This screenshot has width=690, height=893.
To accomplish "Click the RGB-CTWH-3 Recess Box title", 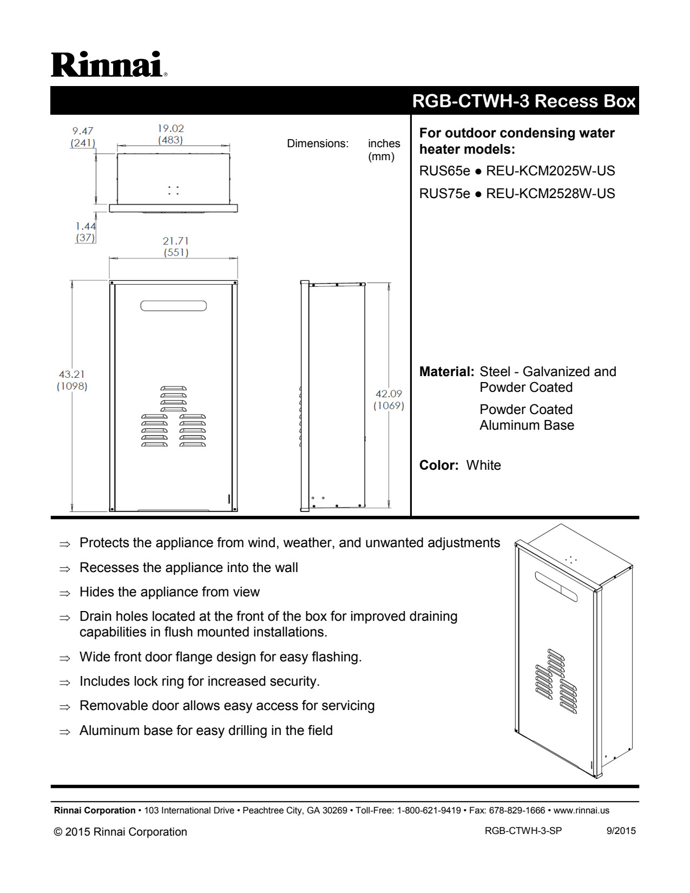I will pos(523,101).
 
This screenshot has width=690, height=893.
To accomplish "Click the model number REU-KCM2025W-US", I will pos(550,171).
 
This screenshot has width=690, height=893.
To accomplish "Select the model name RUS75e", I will pos(444,194).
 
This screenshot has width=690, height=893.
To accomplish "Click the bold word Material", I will pos(446,372).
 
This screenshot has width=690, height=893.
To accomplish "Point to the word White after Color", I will pos(483,465).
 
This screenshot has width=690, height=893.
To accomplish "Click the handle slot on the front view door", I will pos(174,306).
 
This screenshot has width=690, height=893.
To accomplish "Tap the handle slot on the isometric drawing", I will pos(556,586).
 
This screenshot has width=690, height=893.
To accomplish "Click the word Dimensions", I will pos(318,143).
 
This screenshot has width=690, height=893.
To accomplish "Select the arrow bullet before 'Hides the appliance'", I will pos(65,593).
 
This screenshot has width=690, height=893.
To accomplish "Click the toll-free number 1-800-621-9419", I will pos(429,810).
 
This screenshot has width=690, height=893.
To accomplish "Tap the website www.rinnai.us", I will pos(581,810).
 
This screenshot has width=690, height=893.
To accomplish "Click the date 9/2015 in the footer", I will pos(621,831).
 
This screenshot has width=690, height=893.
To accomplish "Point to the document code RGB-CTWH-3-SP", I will pos(523,831).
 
